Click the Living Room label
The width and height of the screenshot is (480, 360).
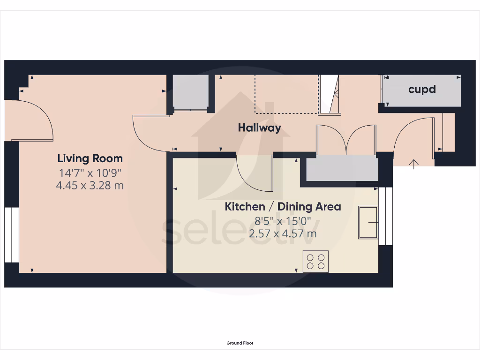point(90,158)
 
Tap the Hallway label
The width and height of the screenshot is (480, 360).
point(259,127)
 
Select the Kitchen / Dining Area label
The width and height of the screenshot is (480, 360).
point(283,206)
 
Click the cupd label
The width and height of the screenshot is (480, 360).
point(422,89)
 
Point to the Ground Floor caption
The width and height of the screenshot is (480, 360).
point(240,343)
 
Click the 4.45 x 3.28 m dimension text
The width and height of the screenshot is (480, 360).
point(90,185)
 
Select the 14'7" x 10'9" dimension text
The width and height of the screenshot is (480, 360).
point(90,172)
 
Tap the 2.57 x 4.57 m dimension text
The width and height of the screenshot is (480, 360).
point(283,233)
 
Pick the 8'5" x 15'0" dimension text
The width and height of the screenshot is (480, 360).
point(283,220)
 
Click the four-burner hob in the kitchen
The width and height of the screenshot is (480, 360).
point(315,261)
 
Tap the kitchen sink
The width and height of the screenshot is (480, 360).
point(368,222)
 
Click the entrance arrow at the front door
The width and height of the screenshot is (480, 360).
point(414,164)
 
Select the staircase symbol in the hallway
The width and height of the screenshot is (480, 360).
point(329,95)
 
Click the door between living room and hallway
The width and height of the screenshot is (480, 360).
point(149,134)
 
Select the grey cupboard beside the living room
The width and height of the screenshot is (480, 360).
point(190,92)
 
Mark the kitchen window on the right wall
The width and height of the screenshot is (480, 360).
point(385,216)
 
